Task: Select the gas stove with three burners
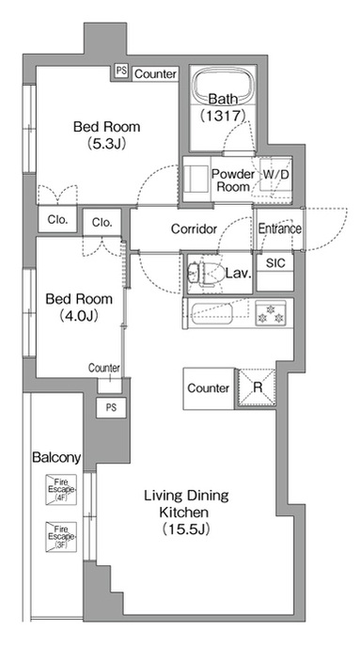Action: (x=270, y=313)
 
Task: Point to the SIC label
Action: (x=275, y=263)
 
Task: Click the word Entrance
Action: (x=280, y=228)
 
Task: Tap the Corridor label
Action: (x=194, y=228)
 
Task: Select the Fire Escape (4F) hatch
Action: (x=61, y=490)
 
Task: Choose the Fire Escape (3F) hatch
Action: (x=61, y=537)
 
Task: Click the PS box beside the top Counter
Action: (x=121, y=71)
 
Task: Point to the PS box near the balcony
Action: (x=111, y=408)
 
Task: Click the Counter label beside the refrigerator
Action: (x=209, y=388)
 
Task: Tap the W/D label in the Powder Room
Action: (x=275, y=174)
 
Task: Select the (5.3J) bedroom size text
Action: (x=106, y=143)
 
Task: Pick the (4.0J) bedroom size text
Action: (x=79, y=316)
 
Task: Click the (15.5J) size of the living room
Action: (x=186, y=528)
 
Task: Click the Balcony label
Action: (x=56, y=457)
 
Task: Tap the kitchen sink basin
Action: (x=212, y=313)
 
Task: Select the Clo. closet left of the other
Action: (x=57, y=220)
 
